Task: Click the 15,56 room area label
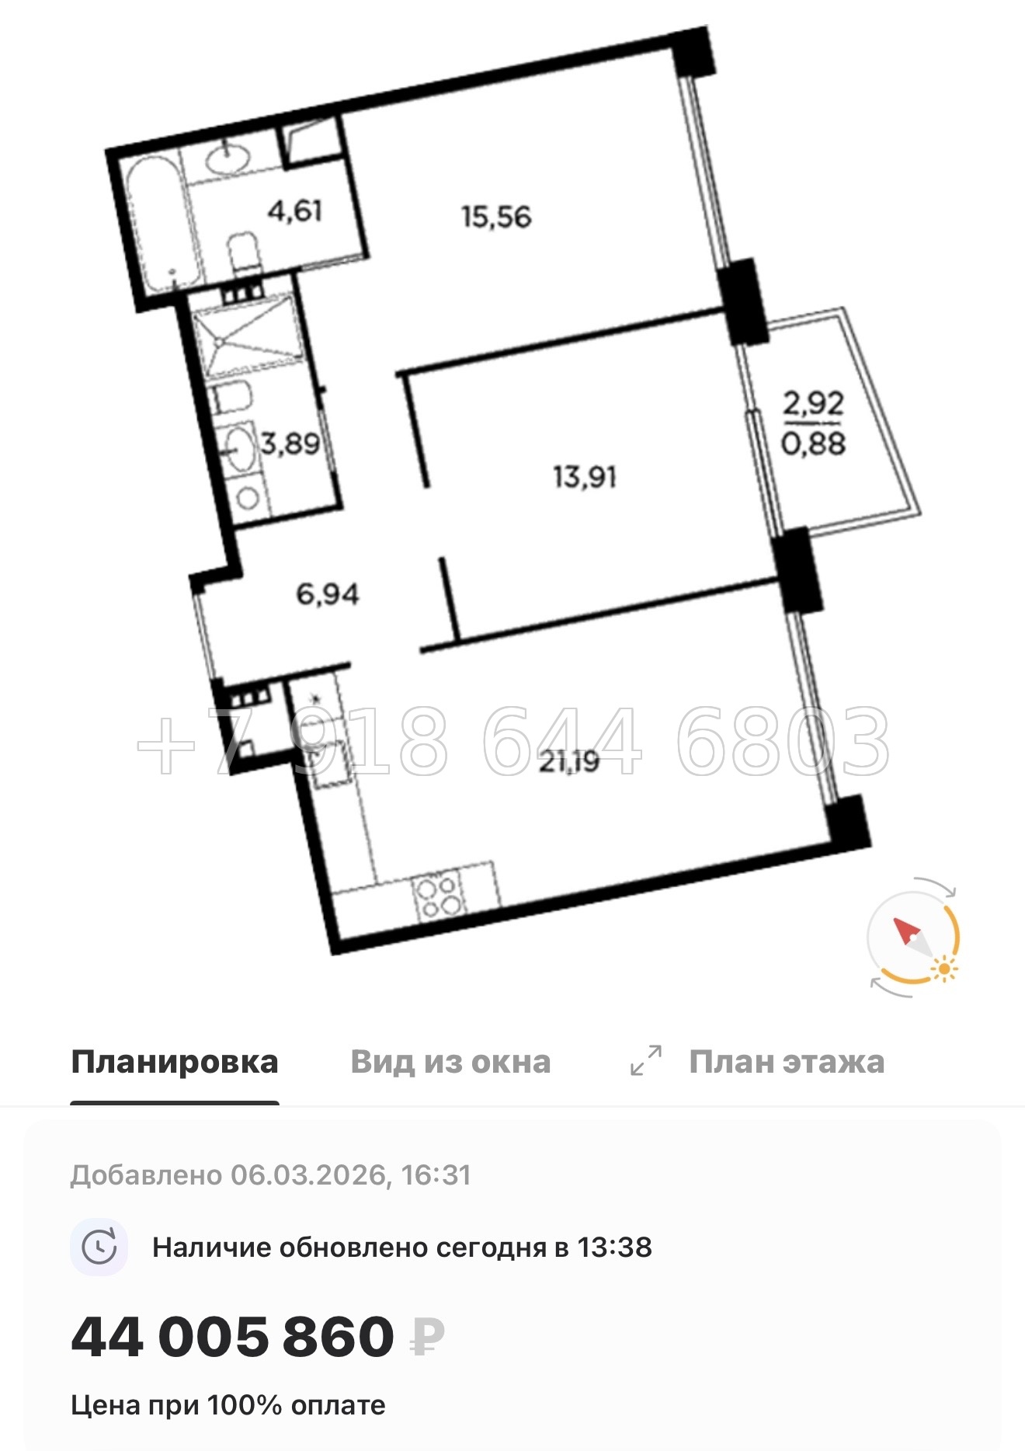tap(496, 217)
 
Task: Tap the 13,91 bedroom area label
tap(585, 476)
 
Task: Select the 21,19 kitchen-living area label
tap(569, 762)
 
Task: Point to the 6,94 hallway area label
tap(328, 595)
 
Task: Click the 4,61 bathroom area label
tap(295, 211)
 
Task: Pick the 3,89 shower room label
tap(290, 444)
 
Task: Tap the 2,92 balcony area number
tap(813, 403)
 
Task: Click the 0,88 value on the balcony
tap(813, 444)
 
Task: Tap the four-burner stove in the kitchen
tap(439, 896)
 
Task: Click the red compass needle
tap(906, 931)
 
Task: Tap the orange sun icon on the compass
tap(944, 969)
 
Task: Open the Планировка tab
tap(175, 1062)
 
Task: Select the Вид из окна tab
tap(450, 1062)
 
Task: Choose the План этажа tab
tap(787, 1062)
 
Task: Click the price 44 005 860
tap(232, 1337)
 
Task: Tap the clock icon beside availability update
tap(99, 1247)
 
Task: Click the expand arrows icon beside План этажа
tap(646, 1060)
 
